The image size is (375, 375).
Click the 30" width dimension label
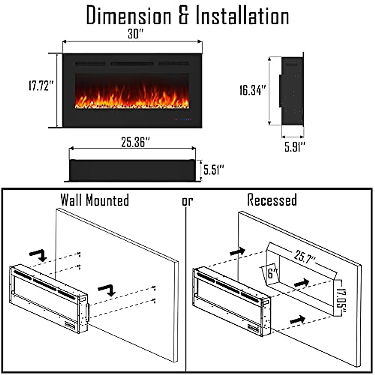(135, 34)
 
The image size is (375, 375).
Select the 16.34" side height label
(252, 90)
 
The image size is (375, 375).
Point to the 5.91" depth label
(294, 146)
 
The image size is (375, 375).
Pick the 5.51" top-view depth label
(214, 170)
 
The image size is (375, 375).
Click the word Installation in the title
(242, 16)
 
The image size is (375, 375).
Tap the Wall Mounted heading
(95, 200)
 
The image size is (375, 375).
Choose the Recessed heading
(272, 200)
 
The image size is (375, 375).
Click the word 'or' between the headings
(187, 201)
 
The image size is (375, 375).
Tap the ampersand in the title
(183, 16)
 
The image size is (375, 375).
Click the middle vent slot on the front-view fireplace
(132, 64)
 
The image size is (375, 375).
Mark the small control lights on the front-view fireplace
(183, 119)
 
